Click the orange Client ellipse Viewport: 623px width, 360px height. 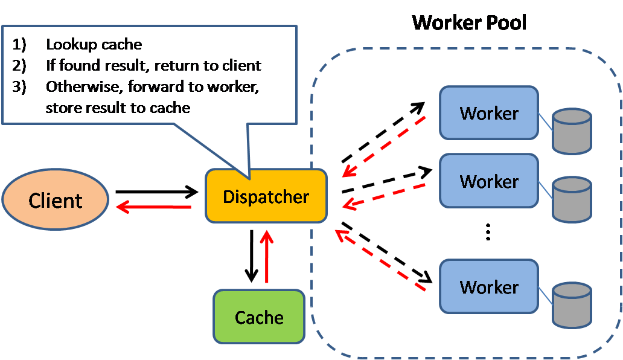tap(56, 200)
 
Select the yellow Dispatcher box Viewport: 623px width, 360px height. tap(266, 196)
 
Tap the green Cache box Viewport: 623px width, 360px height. tap(259, 317)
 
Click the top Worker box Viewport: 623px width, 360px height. tap(488, 113)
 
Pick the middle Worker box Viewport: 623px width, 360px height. tap(488, 181)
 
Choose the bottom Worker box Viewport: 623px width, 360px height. tap(488, 286)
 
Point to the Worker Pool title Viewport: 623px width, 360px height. tap(469, 23)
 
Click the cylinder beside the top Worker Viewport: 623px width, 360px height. tap(572, 131)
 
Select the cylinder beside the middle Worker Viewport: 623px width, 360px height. tap(572, 199)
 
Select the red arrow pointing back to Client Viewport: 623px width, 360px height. tap(153, 207)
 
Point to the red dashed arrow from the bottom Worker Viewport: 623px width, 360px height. tap(380, 264)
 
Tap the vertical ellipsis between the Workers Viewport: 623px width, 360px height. tap(488, 233)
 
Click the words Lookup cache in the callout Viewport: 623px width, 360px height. tap(94, 45)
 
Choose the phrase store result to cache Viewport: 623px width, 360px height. tap(118, 108)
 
